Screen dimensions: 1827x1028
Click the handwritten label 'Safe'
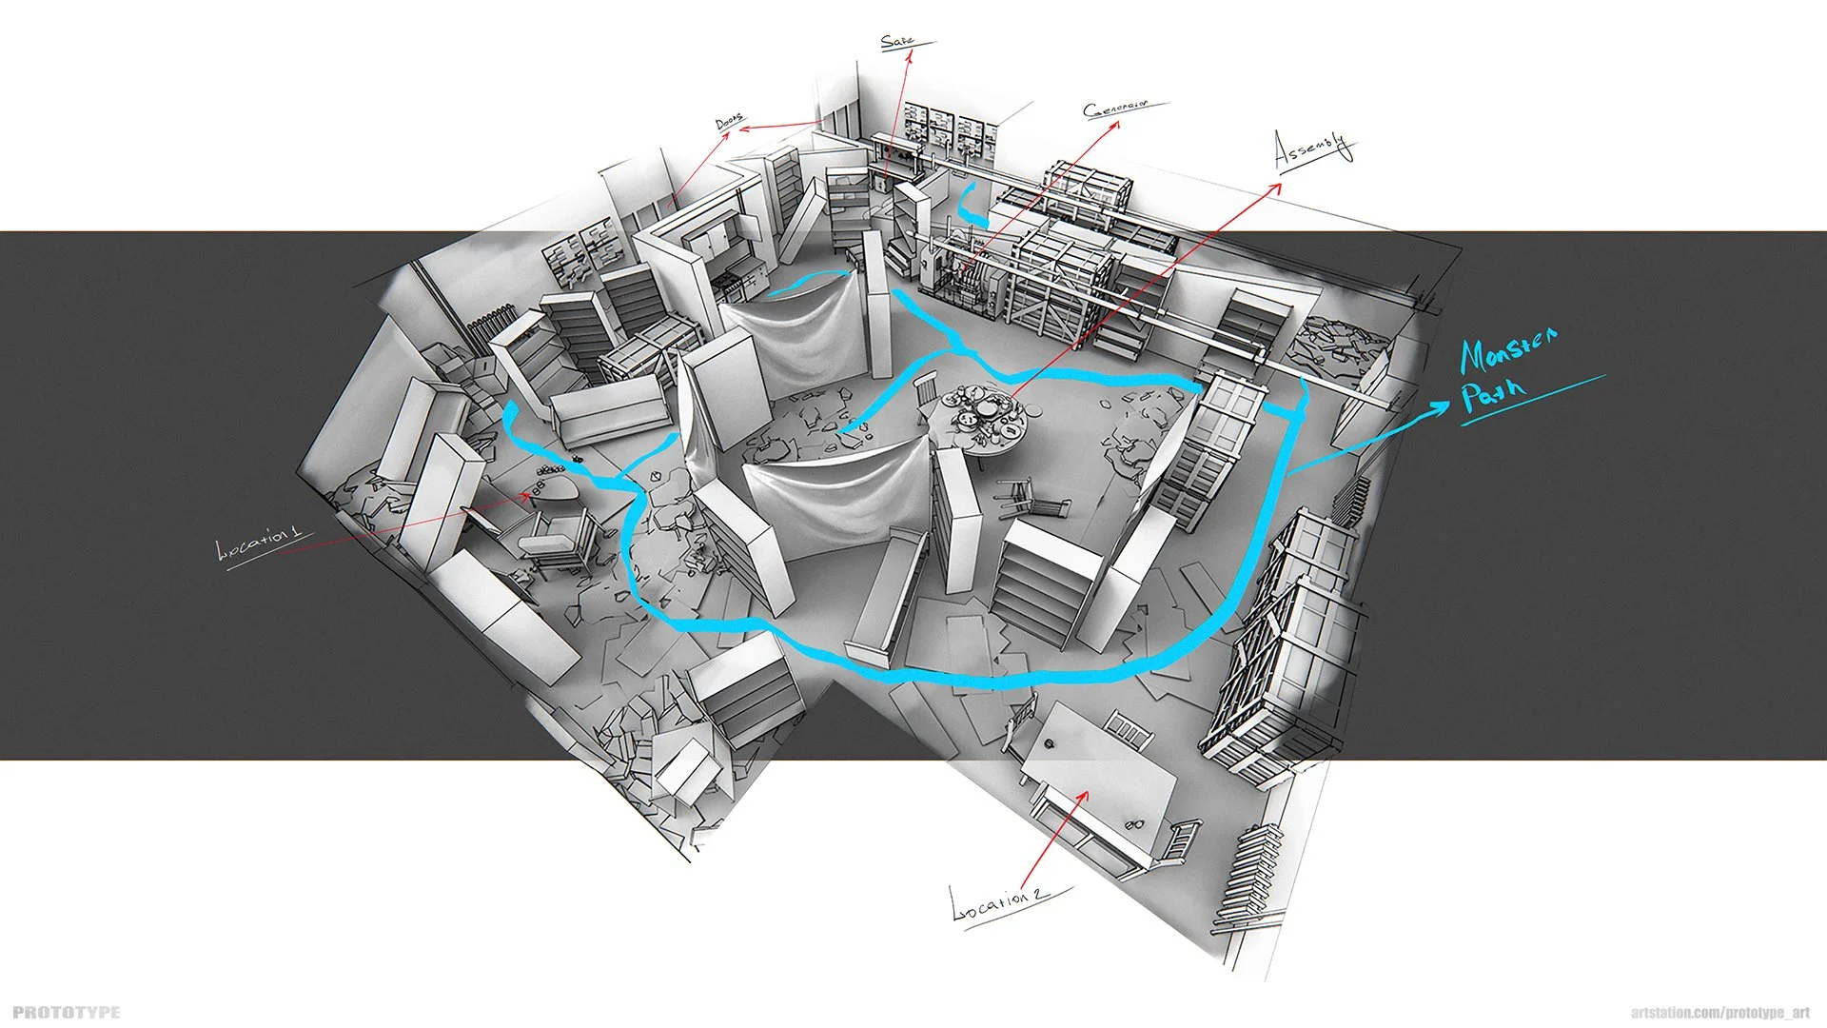897,42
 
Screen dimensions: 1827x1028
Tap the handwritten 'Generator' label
1116,109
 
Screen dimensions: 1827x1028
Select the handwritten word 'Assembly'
1313,149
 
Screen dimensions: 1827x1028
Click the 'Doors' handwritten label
729,122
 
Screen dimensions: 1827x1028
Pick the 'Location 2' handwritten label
999,900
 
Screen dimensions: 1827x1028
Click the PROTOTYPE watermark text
67,1012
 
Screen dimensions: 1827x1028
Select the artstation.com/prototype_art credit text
1719,1013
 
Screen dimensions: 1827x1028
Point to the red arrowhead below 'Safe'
908,56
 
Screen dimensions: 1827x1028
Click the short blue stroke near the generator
970,205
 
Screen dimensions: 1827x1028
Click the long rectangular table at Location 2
1099,781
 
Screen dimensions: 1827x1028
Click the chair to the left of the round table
926,396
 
